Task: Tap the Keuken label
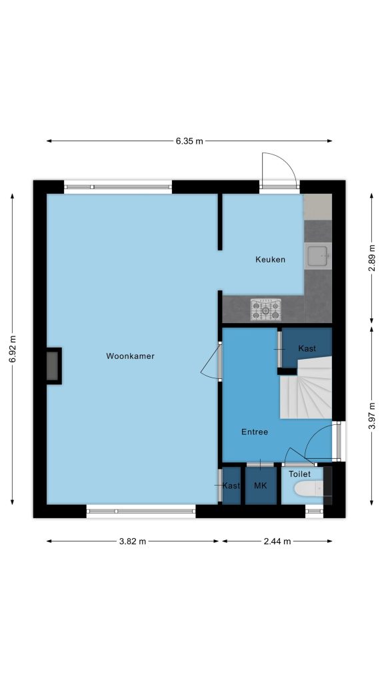click(270, 260)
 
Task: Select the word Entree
click(255, 432)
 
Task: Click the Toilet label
click(299, 474)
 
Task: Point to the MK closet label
click(261, 486)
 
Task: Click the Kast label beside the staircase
click(307, 348)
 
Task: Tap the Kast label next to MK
click(231, 486)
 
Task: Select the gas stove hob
click(265, 309)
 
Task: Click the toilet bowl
click(308, 489)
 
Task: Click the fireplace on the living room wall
click(53, 366)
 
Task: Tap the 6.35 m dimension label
click(189, 141)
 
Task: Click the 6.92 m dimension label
click(12, 349)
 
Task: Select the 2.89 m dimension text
click(371, 258)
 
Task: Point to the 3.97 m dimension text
click(371, 416)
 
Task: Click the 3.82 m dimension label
click(133, 541)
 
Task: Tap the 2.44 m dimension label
click(277, 541)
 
